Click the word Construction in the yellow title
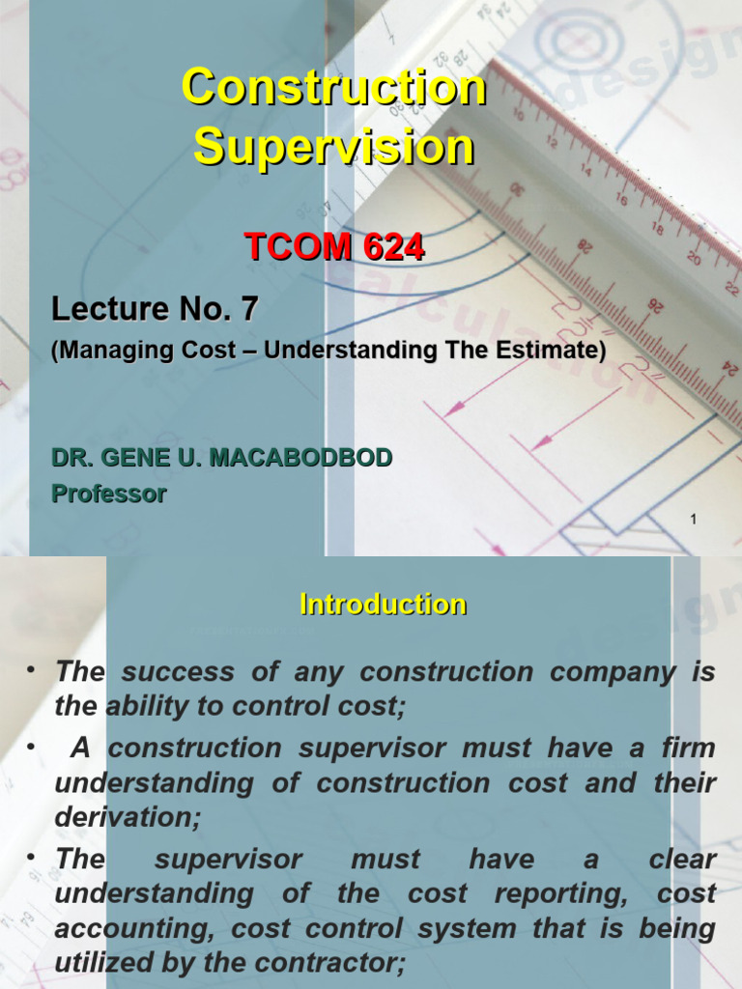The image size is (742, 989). (334, 89)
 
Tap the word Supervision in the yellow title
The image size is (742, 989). (334, 149)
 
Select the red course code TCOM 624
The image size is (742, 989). (334, 248)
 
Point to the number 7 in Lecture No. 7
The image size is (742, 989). (249, 310)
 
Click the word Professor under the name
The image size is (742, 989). (108, 494)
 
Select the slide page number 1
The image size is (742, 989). (693, 522)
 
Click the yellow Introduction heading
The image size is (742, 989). (384, 606)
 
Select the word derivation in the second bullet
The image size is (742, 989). (124, 818)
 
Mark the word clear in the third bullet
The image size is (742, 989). (682, 860)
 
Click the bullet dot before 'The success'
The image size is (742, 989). (33, 669)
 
